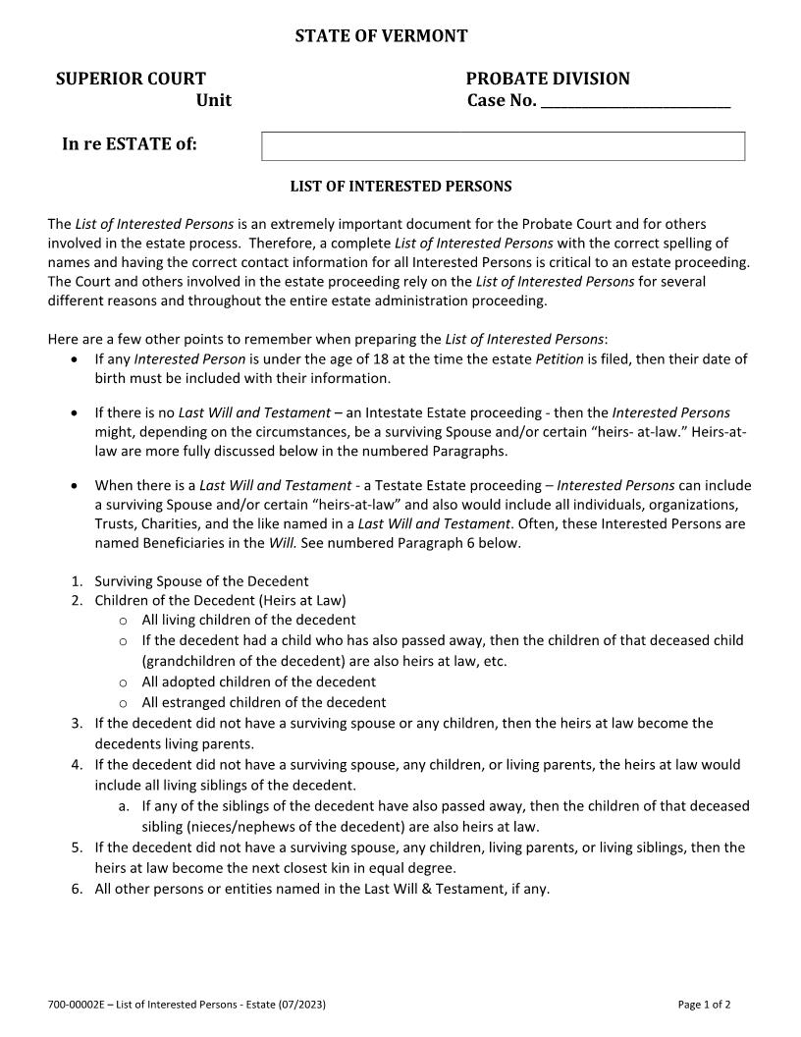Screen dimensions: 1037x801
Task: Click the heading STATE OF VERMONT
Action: (381, 36)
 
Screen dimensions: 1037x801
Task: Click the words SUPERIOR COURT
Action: (131, 79)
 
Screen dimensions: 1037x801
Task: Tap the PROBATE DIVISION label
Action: (548, 79)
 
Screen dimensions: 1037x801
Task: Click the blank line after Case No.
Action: (635, 101)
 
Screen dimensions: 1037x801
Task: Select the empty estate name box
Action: (503, 146)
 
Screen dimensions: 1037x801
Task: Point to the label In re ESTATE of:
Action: (130, 144)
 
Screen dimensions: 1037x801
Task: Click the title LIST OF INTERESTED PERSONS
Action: (400, 186)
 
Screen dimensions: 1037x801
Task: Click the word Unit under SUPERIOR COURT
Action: (214, 100)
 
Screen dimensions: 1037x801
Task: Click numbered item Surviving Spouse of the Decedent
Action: (201, 580)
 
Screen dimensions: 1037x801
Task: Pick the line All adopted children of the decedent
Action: (258, 682)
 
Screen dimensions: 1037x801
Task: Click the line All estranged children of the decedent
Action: (263, 702)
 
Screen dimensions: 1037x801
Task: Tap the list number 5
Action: (76, 846)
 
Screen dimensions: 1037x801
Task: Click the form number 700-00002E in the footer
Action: (76, 1005)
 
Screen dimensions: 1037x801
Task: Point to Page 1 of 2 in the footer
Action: (704, 1005)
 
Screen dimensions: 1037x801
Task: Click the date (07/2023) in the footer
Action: (301, 1005)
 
